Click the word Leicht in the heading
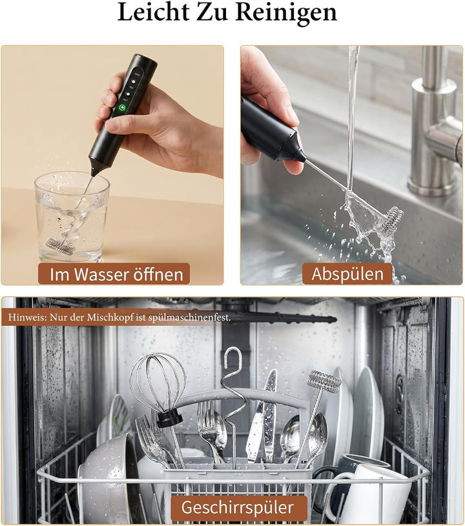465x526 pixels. pyautogui.click(x=153, y=12)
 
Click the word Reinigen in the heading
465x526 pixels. pyautogui.click(x=286, y=14)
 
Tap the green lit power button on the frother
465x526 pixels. pyautogui.click(x=123, y=108)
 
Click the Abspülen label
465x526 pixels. pyautogui.click(x=347, y=274)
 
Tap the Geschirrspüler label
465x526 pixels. pyautogui.click(x=238, y=507)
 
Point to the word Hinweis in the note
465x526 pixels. pyautogui.click(x=28, y=317)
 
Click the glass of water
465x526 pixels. pyautogui.click(x=72, y=217)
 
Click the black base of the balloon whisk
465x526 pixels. pyautogui.click(x=169, y=420)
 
